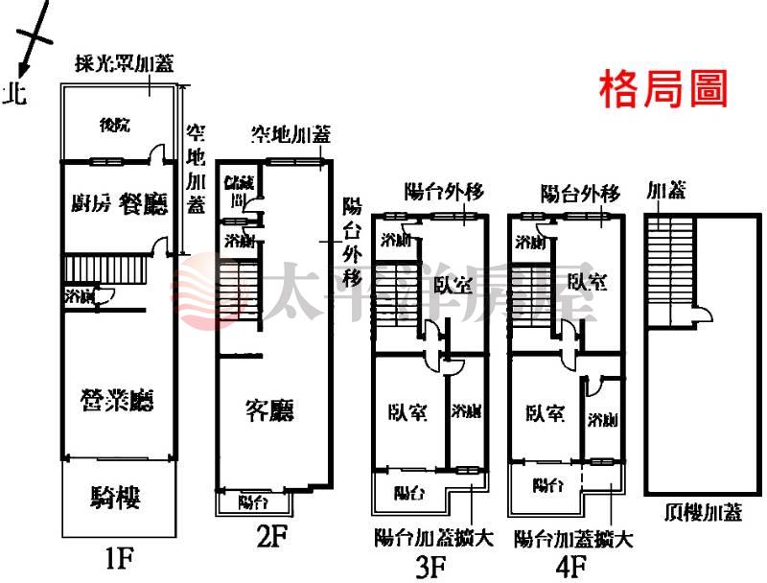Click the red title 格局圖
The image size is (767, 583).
pos(663,89)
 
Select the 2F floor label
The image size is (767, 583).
pos(271,538)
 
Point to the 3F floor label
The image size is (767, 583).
pos(430,567)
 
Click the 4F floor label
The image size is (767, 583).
pos(569,567)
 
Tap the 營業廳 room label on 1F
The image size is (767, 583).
pos(121,399)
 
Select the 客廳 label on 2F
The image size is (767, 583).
pos(269,411)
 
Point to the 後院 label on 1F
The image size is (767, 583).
pos(114,124)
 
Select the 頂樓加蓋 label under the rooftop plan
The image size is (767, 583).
pos(703,513)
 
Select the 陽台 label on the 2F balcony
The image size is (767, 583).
pos(252,501)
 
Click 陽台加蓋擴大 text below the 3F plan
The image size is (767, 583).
pos(433,539)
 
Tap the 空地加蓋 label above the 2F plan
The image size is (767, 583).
pos(291,134)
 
